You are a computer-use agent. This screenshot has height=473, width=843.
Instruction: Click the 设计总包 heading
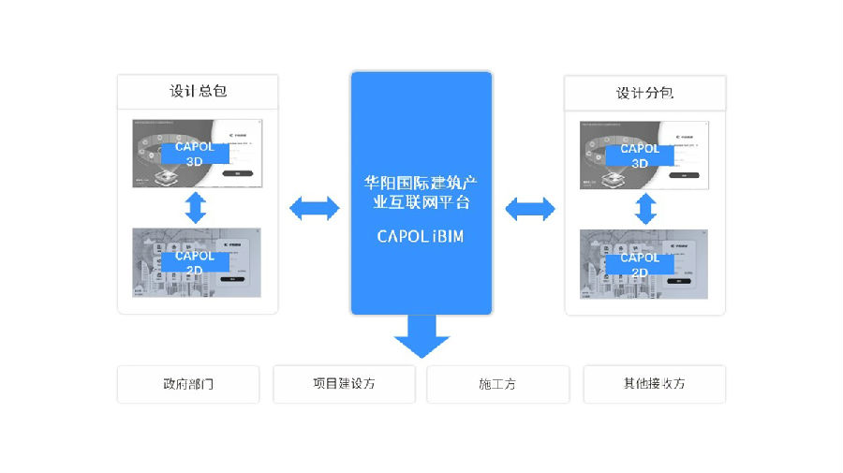[x=197, y=91]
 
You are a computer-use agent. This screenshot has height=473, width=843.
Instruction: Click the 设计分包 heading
[x=644, y=93]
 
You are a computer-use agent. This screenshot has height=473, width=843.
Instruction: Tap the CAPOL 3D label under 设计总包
[x=195, y=154]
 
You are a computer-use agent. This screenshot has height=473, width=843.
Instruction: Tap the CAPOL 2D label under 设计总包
[x=195, y=262]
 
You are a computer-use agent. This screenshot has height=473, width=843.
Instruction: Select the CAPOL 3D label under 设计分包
[x=640, y=155]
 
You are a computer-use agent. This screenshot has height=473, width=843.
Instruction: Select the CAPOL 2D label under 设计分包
[x=640, y=264]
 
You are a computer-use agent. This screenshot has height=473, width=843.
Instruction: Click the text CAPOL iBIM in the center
[x=421, y=236]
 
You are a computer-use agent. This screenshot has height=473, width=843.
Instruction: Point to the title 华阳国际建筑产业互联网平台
[x=421, y=190]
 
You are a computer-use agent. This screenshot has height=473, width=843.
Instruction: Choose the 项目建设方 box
[x=344, y=383]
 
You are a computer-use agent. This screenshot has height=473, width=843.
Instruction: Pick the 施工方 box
[x=497, y=384]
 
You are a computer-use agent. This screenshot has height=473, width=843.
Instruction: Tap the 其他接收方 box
[x=654, y=384]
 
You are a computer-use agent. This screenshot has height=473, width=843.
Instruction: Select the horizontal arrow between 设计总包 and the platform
[x=314, y=208]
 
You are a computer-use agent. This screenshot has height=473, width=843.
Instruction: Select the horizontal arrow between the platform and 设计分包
[x=530, y=208]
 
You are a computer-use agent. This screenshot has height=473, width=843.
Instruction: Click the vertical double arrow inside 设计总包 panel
[x=196, y=206]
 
